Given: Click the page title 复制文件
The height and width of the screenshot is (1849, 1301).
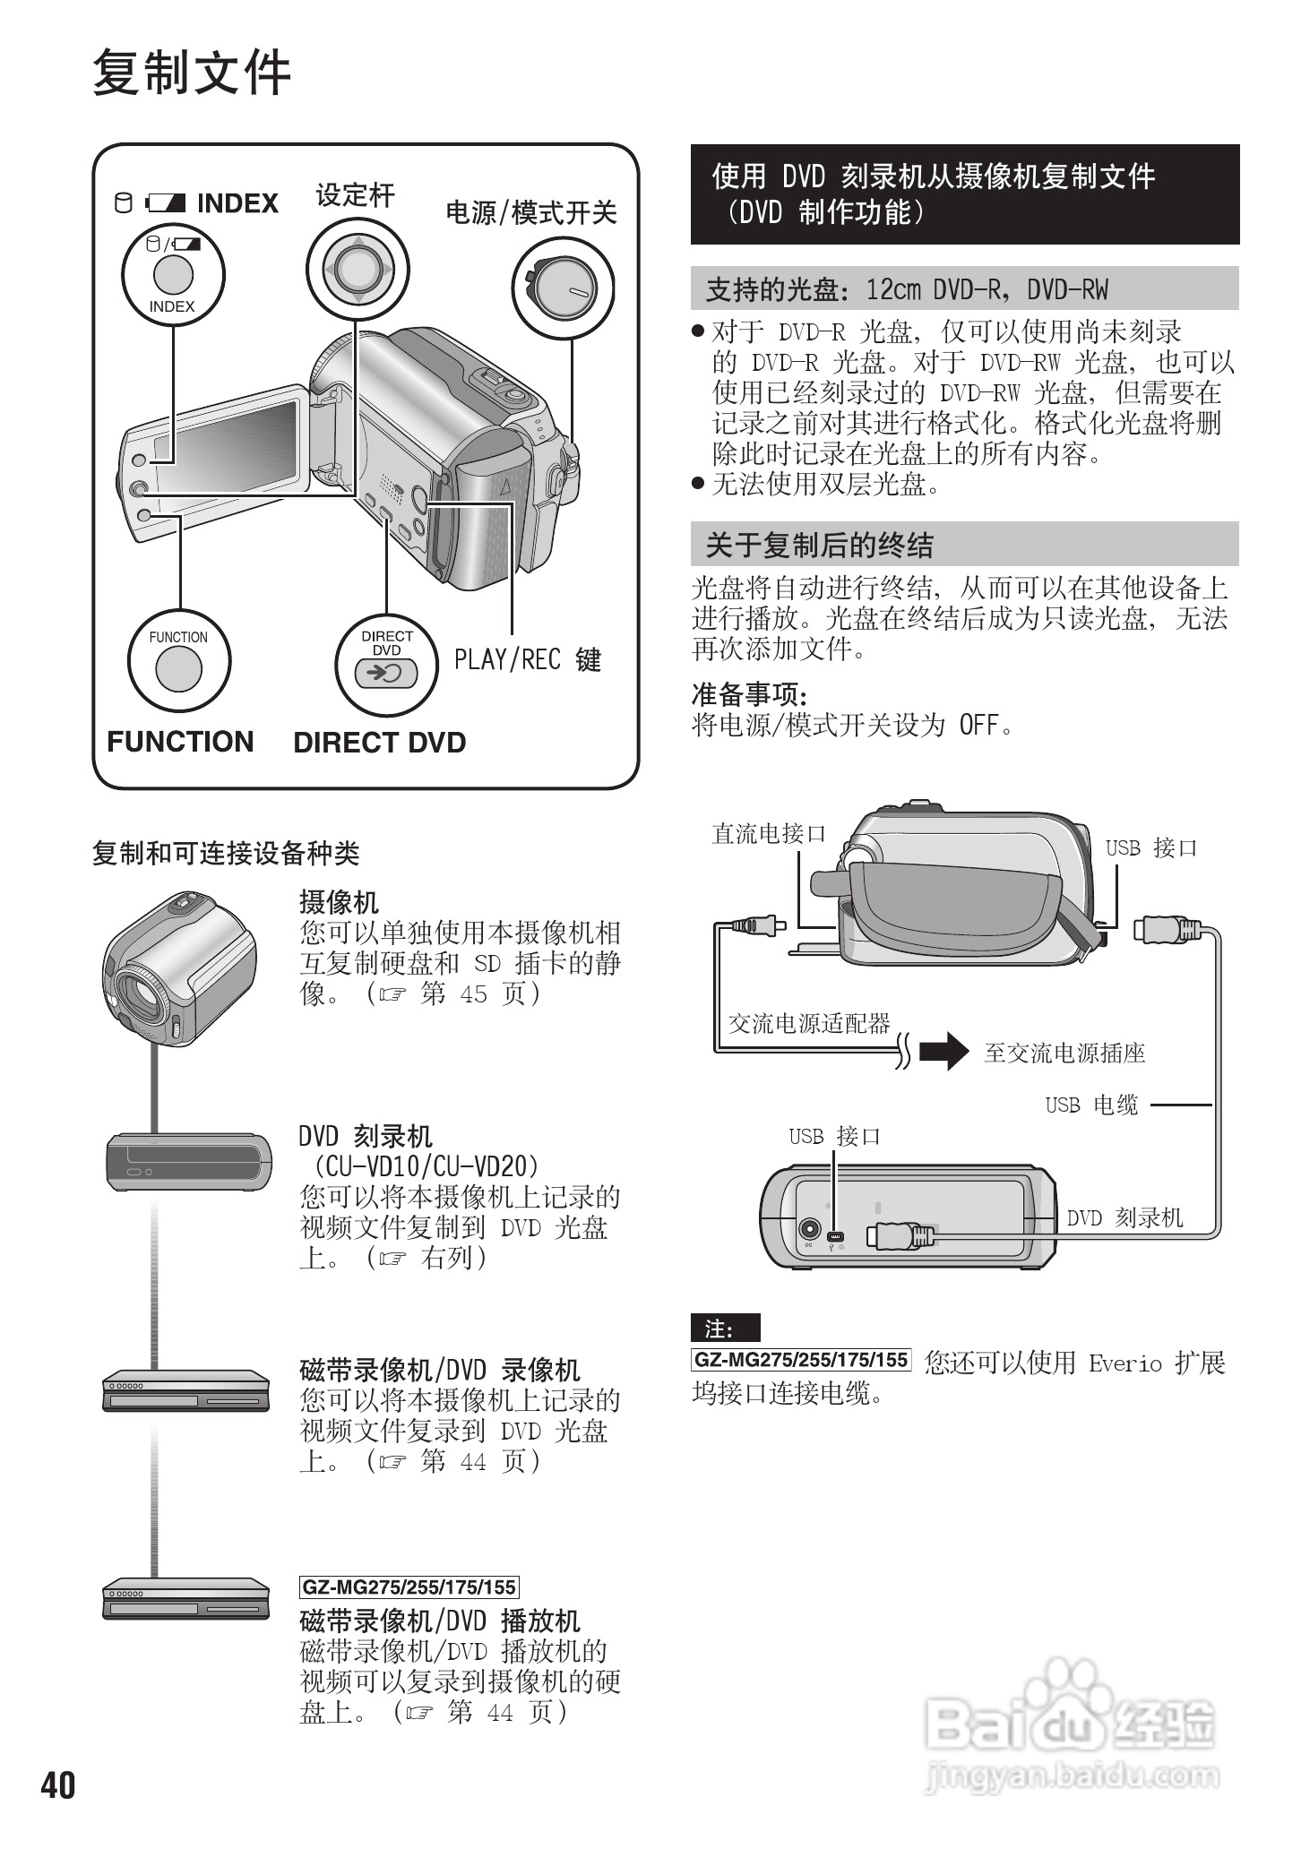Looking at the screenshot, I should (192, 73).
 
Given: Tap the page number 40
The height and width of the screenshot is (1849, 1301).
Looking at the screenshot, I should (58, 1784).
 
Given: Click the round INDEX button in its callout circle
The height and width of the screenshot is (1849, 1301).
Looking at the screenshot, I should (173, 274).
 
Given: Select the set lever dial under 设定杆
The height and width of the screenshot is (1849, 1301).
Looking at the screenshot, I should (357, 268).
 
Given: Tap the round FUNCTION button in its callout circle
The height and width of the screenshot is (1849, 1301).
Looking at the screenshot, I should (178, 669).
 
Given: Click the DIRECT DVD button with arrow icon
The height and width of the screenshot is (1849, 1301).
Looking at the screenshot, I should (386, 673).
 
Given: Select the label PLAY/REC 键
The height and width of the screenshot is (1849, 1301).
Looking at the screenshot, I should (527, 660).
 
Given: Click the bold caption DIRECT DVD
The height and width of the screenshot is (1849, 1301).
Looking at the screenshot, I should (379, 743).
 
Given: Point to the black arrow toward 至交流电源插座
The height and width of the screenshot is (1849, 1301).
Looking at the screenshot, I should (944, 1051).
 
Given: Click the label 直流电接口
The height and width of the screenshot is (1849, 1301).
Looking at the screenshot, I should (768, 834).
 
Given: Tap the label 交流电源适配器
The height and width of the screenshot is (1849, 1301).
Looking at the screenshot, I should (808, 1023).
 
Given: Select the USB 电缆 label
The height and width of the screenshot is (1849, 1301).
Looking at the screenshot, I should (1090, 1105).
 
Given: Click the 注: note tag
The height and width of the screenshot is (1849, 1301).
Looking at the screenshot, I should (724, 1328).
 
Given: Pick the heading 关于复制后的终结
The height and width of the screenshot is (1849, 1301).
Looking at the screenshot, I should (819, 545).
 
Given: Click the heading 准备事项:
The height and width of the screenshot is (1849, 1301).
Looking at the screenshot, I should (749, 694).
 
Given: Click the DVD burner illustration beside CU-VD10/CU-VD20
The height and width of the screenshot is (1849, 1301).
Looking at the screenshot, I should (189, 1162).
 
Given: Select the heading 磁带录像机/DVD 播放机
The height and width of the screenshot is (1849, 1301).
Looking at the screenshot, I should (439, 1621).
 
